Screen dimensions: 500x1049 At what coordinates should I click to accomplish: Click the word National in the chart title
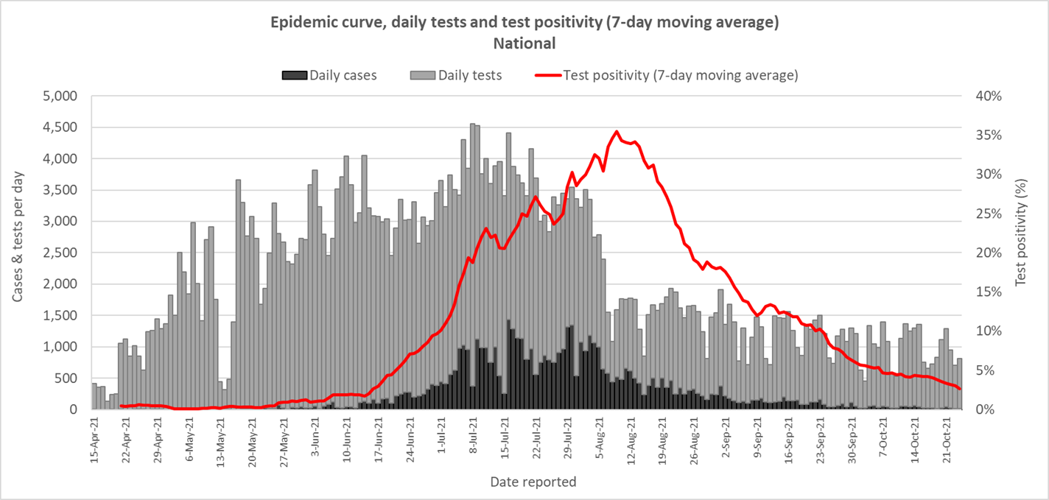[524, 43]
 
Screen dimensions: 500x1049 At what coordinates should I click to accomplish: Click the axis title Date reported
[533, 482]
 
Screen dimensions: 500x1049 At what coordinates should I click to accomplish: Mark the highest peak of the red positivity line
[617, 132]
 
